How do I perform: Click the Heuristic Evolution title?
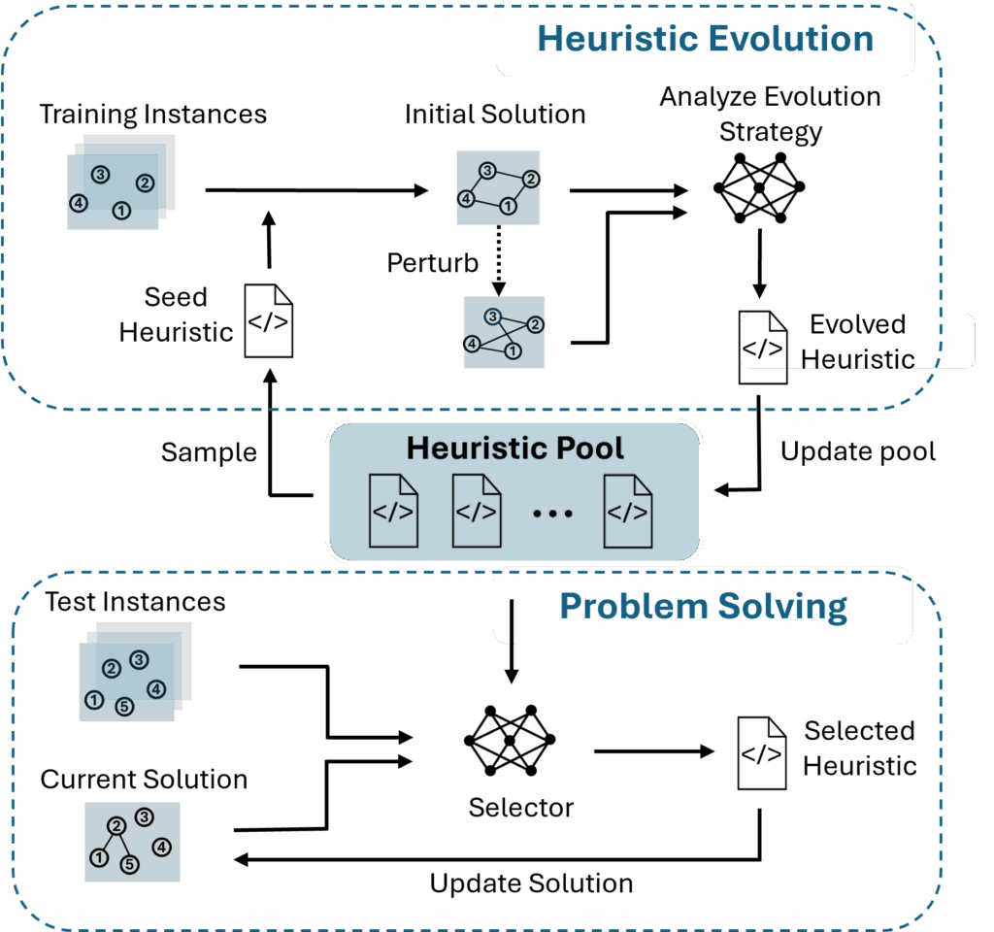tap(705, 39)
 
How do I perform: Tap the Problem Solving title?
tap(704, 607)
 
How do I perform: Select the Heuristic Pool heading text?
tap(514, 449)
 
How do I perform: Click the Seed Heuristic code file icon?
tap(268, 321)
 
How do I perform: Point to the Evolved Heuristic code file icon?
tap(763, 348)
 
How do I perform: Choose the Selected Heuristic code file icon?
tap(762, 752)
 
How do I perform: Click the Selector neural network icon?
tap(510, 741)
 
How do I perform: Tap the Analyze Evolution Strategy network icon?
tap(759, 187)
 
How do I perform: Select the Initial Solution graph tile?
tap(499, 188)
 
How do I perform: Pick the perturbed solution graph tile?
tap(504, 332)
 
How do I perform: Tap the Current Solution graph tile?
tap(132, 841)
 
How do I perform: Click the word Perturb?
tap(433, 263)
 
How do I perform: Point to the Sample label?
tap(209, 452)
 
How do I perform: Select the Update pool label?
tap(858, 452)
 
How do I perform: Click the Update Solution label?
tap(531, 883)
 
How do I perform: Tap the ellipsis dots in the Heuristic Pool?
tap(553, 513)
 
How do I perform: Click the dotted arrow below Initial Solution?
tap(499, 260)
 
